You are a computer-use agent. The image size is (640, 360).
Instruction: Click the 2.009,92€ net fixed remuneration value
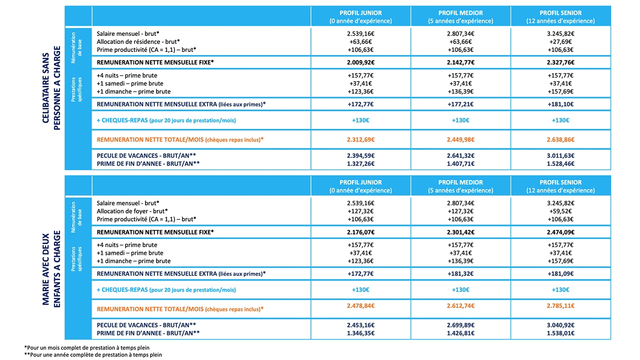pos(360,62)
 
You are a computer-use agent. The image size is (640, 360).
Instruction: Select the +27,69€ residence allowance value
pos(560,41)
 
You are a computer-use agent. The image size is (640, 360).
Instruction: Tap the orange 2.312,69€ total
pos(360,139)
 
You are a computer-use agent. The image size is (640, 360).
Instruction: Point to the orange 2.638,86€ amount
pos(560,139)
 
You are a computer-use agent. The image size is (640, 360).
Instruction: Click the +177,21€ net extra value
pos(460,104)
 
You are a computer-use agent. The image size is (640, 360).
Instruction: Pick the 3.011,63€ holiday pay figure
pos(560,155)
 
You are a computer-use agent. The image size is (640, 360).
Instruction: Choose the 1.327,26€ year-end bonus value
pos(360,163)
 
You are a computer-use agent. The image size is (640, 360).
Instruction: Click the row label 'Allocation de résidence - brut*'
pos(138,41)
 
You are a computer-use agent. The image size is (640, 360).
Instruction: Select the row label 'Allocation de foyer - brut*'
pos(132,211)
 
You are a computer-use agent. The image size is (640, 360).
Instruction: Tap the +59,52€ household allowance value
pos(560,211)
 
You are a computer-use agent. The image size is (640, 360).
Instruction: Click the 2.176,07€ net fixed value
pos(360,232)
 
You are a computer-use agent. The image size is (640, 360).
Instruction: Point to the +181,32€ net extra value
pos(460,273)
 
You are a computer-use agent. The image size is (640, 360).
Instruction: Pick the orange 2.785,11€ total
pos(560,305)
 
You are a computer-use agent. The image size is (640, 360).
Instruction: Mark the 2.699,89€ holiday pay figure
pos(460,325)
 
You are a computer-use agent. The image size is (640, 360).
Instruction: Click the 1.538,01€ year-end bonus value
pos(560,333)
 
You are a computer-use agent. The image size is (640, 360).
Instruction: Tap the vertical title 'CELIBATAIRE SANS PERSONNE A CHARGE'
pos(51,88)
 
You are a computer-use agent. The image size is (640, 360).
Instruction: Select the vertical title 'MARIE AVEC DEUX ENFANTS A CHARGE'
pos(51,269)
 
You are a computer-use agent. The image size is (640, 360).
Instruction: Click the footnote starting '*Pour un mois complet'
pos(87,347)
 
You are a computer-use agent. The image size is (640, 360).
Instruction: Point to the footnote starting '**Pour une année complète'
pos(93,355)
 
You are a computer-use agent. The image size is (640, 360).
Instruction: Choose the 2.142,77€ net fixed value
pos(460,62)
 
